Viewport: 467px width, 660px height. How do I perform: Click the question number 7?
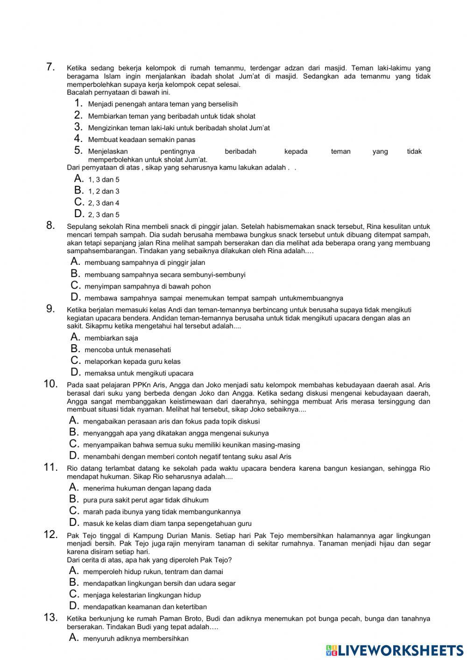click(51, 67)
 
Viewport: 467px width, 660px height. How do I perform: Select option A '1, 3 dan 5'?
click(104, 179)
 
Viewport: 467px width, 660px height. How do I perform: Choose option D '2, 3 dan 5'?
click(104, 215)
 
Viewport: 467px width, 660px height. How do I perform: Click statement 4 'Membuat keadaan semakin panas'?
click(142, 140)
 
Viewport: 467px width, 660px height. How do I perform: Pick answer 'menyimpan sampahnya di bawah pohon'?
click(148, 286)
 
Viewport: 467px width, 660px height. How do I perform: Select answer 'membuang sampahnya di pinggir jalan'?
click(145, 263)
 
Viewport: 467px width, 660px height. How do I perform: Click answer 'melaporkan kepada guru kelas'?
click(132, 362)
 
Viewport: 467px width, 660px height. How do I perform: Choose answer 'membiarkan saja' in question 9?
click(111, 338)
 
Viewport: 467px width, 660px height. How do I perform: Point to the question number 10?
click(50, 384)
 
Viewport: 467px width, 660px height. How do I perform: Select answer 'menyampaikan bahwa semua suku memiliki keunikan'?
click(191, 445)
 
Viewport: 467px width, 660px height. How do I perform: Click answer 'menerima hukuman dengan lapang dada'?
click(147, 488)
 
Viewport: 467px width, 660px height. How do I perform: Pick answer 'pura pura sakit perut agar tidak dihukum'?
click(146, 500)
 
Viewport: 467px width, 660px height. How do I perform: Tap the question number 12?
click(50, 534)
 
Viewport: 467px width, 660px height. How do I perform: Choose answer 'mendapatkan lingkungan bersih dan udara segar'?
click(159, 583)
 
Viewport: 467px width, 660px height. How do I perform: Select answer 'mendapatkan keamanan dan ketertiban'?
click(145, 607)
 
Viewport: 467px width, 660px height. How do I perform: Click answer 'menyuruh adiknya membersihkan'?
click(135, 639)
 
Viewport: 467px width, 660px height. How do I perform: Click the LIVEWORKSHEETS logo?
click(395, 650)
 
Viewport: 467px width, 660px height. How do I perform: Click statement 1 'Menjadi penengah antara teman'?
click(163, 104)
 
